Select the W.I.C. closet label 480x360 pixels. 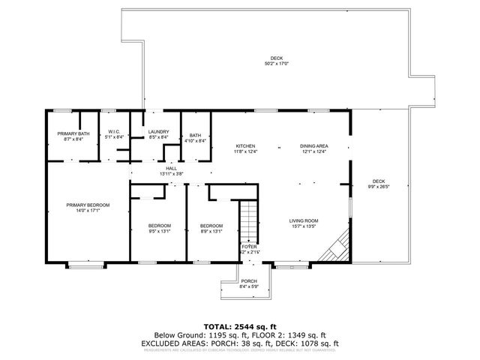coord(114,133)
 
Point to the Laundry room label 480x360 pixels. coord(157,133)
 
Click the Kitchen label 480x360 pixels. coord(247,145)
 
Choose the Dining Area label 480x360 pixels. coord(314,145)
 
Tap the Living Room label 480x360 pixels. coord(304,220)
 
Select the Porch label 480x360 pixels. coord(247,281)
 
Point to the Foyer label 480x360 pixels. coord(248,246)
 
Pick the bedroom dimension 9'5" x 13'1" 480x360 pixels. coord(158,231)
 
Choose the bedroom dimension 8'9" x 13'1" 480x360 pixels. coord(211,231)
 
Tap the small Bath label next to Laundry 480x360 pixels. coord(195,135)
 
